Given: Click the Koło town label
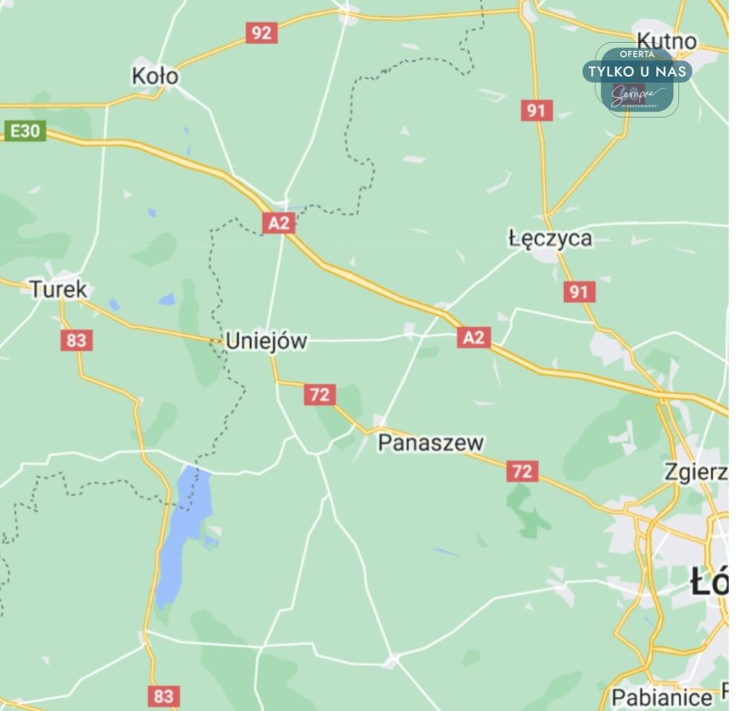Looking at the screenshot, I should (155, 76).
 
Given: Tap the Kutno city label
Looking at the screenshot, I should (666, 41).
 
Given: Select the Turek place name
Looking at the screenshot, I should (58, 289).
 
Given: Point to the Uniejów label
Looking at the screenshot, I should (266, 341).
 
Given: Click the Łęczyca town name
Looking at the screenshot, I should (550, 238).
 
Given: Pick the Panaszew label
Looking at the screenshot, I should (431, 443).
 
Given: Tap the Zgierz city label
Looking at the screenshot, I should (695, 472).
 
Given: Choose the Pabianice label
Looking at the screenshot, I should (661, 697).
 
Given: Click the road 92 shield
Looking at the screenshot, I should (261, 33).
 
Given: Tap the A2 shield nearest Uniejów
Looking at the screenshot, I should (279, 223).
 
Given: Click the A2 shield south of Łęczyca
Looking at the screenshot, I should (474, 338).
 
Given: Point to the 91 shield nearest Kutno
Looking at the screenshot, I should (536, 111).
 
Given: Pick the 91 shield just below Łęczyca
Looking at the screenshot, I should (578, 292).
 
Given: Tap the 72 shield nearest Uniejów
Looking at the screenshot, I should (319, 395).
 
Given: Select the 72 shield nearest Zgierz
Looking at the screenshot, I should (522, 471).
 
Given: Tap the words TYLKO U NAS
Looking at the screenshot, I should (638, 72).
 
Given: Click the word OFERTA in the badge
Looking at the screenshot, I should (637, 54).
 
